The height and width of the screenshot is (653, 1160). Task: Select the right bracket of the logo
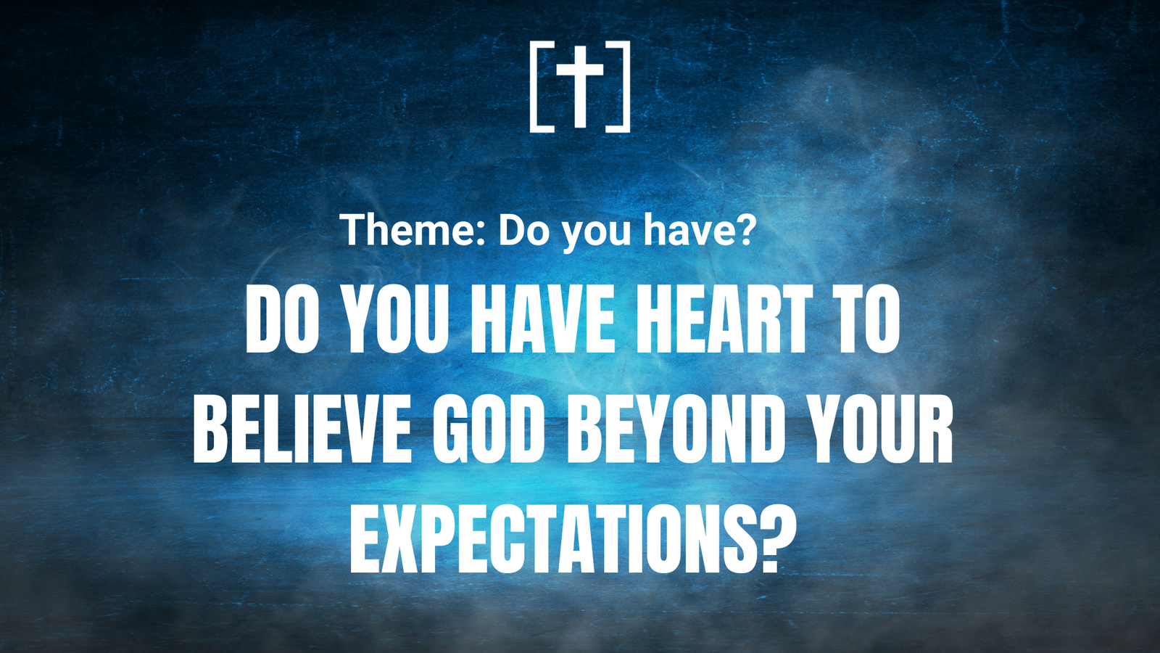[x=627, y=86]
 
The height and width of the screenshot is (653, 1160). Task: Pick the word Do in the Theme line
[x=523, y=229]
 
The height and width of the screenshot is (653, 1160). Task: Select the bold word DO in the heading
[x=283, y=319]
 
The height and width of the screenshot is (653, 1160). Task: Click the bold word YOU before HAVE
[x=396, y=319]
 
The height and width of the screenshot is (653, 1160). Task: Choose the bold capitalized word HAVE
[x=542, y=319]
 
